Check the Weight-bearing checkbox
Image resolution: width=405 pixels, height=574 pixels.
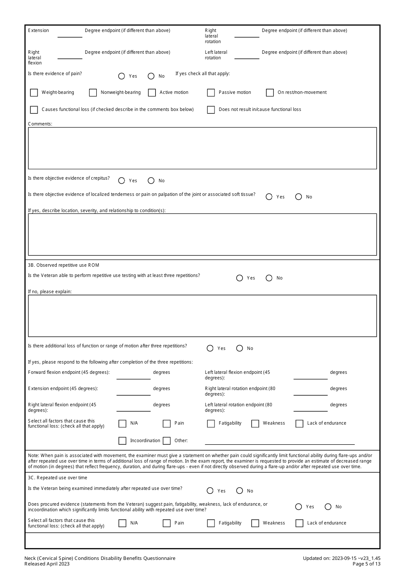coord(34,93)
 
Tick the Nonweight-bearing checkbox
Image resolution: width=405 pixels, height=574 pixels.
coord(93,93)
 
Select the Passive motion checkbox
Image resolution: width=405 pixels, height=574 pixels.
coord(211,93)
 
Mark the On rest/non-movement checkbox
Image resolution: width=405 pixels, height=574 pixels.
coord(270,93)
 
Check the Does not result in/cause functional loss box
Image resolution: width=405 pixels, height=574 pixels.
coord(211,110)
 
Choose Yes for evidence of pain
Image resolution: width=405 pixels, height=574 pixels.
coord(121,76)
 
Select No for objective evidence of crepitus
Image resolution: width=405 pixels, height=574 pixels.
coord(151,181)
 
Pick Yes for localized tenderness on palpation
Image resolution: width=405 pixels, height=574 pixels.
coord(269,197)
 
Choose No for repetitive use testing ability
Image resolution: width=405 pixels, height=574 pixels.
coord(269,278)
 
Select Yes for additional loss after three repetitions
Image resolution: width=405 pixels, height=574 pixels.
coord(210,349)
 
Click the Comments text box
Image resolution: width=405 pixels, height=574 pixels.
coord(202,148)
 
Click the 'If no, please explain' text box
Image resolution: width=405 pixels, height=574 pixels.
coord(202,316)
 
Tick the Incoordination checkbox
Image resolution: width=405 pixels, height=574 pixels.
coord(122,441)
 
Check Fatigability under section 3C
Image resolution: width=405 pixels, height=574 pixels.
coord(211,523)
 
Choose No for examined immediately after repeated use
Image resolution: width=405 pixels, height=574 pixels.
coord(240,491)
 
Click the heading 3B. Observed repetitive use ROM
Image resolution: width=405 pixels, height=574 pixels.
coord(64,265)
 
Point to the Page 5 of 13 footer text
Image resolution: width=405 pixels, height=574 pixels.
coord(366,564)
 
